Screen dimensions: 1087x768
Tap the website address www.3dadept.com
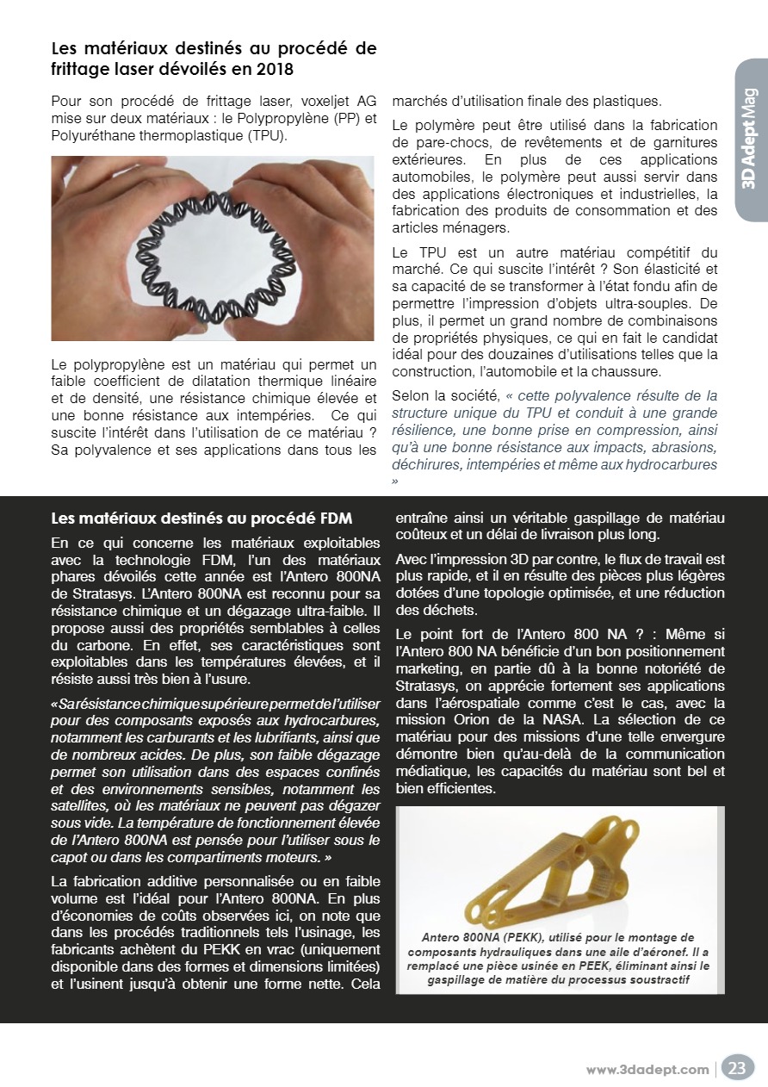(x=647, y=1070)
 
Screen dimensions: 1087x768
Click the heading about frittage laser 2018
(x=214, y=58)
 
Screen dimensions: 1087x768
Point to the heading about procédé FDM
(x=201, y=518)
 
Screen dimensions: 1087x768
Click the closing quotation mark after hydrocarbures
(x=395, y=481)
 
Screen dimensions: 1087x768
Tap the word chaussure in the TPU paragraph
(x=629, y=371)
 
